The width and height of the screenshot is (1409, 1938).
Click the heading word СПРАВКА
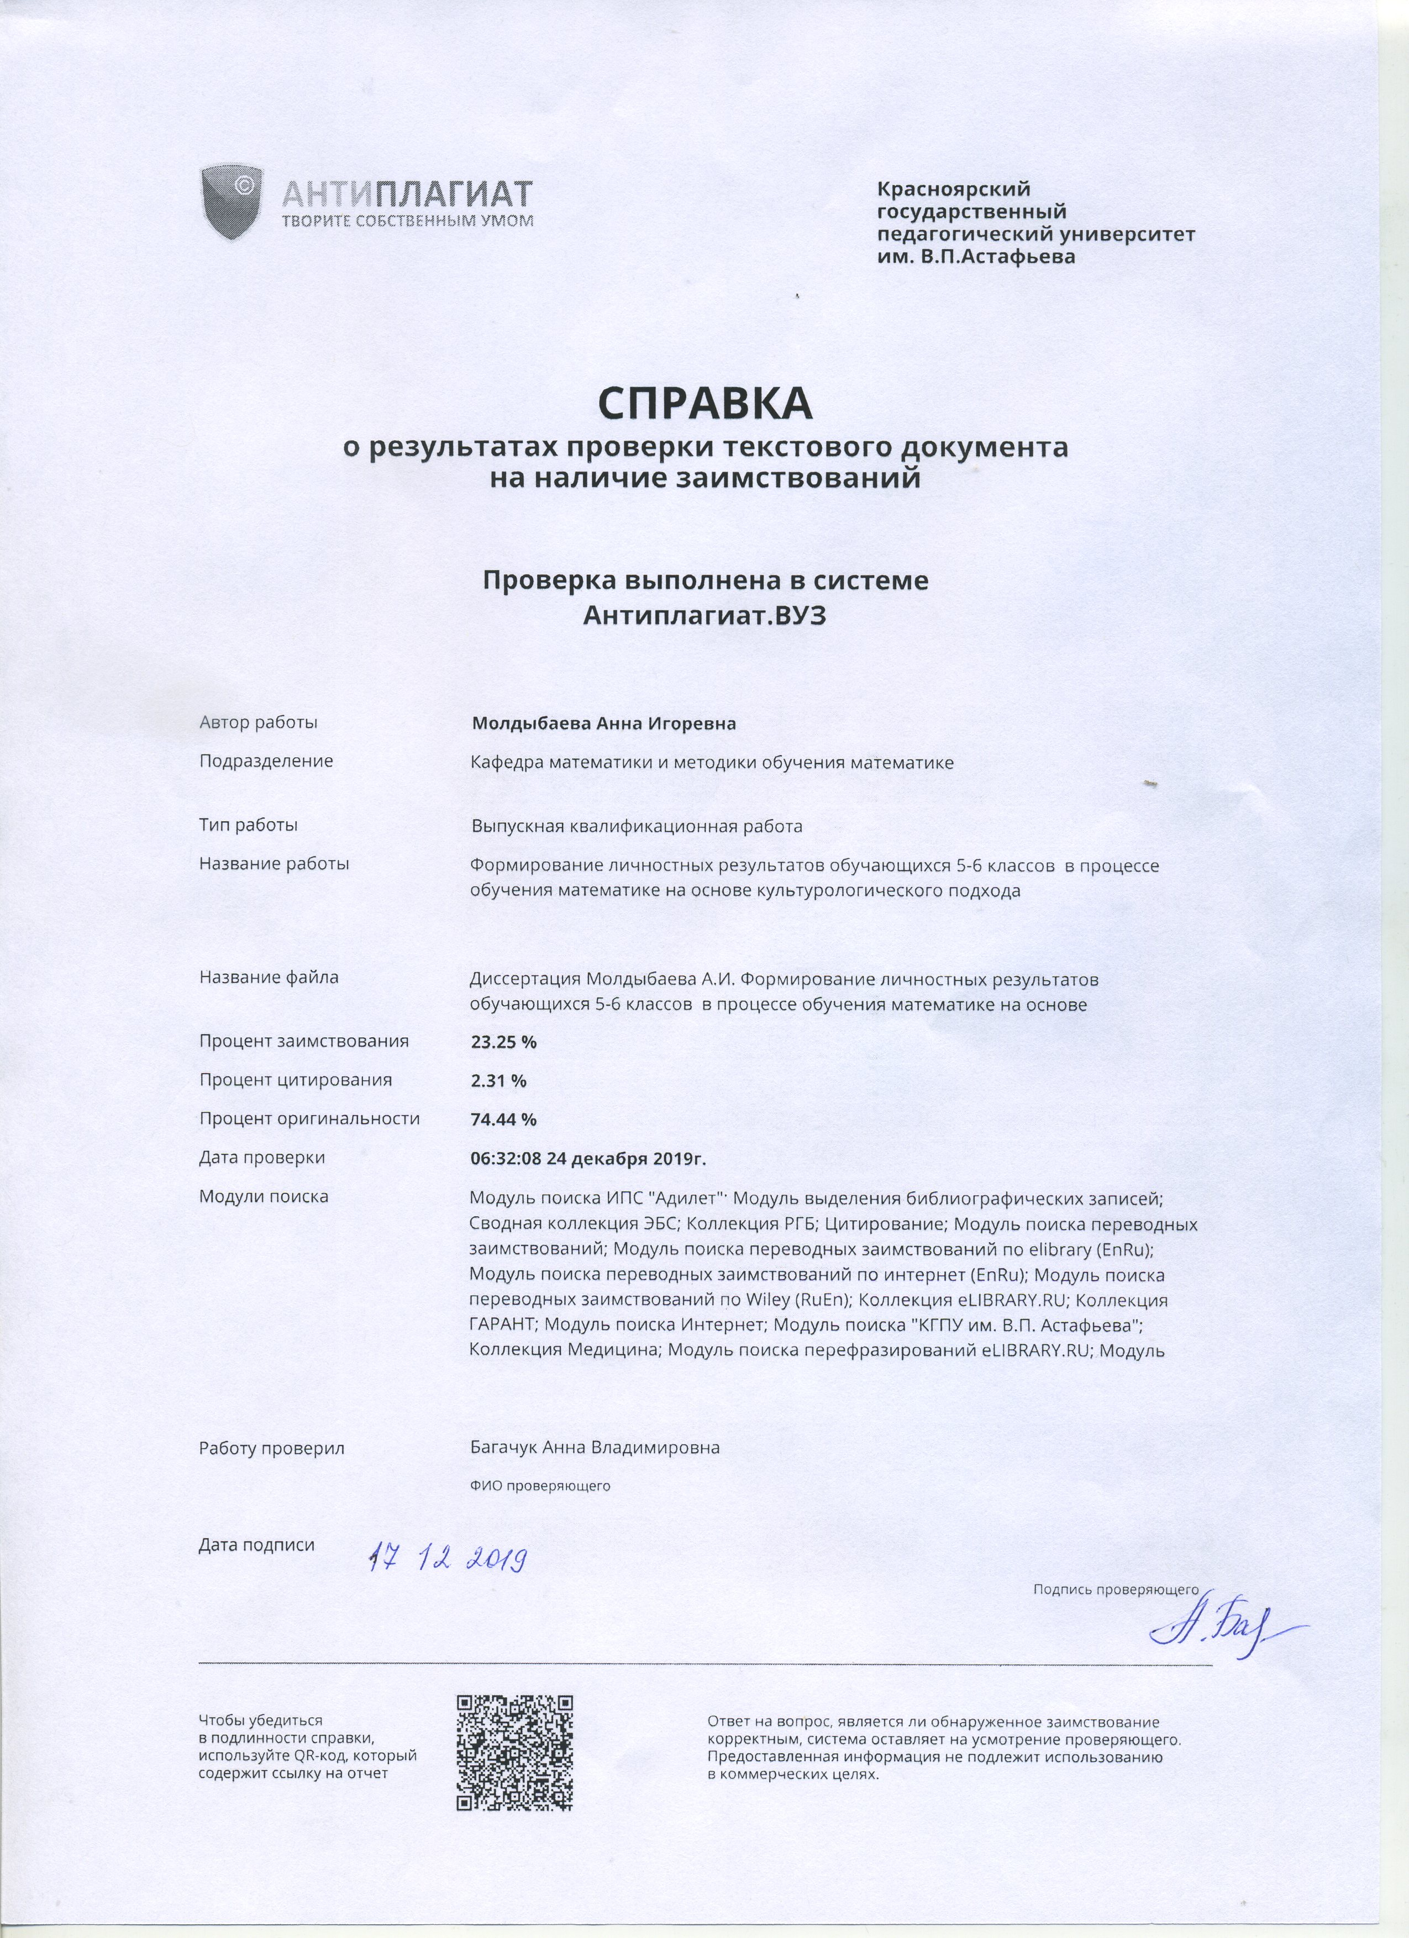(704, 403)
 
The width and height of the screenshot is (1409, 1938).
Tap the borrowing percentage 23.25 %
(503, 1042)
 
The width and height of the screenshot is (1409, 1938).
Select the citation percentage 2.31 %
(498, 1080)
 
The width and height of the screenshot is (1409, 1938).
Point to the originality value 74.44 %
(503, 1120)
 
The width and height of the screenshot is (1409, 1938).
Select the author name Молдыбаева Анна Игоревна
(603, 724)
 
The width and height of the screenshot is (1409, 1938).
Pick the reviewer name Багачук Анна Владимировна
(594, 1448)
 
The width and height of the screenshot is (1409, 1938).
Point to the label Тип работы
(248, 826)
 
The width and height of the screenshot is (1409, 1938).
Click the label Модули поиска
(264, 1196)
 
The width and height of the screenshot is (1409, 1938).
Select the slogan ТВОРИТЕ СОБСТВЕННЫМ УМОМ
(408, 221)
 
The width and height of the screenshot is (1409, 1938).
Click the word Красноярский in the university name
(953, 189)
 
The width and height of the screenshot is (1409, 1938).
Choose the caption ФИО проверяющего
(539, 1486)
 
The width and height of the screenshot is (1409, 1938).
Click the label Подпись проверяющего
(1116, 1590)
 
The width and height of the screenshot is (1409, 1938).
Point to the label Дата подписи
(256, 1545)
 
